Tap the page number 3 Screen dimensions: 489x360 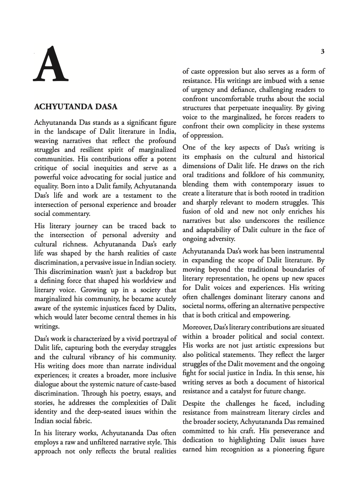click(x=323, y=52)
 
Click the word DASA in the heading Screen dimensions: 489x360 click(x=103, y=107)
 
